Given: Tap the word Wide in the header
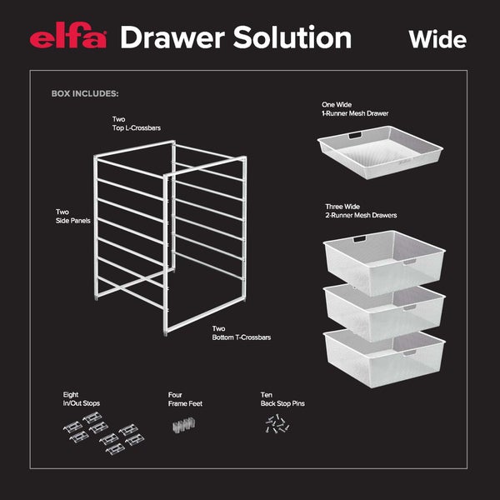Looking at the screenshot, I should click(437, 39).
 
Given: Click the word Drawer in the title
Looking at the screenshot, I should click(170, 37).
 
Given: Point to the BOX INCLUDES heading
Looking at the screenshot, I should click(84, 94).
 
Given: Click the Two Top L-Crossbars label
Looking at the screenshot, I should click(137, 124).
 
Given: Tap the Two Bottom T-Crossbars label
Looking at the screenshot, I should click(241, 333).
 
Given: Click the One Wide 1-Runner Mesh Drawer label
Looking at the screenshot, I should click(355, 108).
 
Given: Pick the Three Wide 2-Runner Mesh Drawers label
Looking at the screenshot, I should click(360, 211).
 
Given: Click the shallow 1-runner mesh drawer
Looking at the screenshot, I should click(382, 149).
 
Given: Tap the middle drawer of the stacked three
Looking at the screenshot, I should click(382, 308).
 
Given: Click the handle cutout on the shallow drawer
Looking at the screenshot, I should click(354, 133).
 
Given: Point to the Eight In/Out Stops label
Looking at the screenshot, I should click(81, 399).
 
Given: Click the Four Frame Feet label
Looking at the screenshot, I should click(185, 399).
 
